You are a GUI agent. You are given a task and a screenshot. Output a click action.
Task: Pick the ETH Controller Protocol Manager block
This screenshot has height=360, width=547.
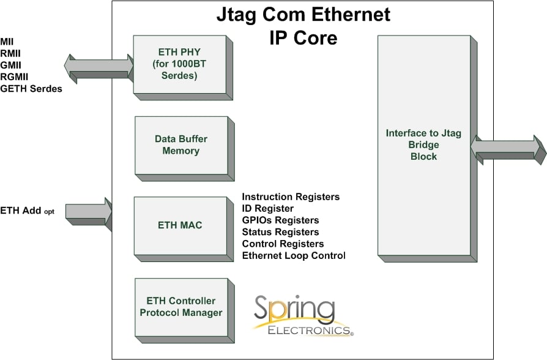coord(180,307)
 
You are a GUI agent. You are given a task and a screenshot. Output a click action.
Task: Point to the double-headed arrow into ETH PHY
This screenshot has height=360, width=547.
coord(99,68)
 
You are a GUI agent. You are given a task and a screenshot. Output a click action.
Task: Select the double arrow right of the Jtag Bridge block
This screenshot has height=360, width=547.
coord(508,149)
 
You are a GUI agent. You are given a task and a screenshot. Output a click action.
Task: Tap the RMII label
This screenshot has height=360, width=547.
coord(11,53)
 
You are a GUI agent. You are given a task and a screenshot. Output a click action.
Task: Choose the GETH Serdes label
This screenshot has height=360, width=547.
coord(31,88)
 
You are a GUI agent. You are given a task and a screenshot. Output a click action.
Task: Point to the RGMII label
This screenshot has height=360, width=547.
coord(15,77)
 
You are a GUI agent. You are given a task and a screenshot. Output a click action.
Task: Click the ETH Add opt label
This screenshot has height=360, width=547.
coord(28,211)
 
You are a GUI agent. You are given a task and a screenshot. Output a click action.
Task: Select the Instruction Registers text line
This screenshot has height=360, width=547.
coord(291,197)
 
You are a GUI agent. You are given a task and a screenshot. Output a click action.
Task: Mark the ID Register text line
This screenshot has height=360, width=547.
coord(267,209)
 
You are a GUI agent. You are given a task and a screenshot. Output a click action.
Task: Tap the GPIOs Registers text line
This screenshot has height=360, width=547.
coord(280,220)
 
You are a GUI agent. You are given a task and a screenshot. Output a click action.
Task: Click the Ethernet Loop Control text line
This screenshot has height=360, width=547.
coord(294,255)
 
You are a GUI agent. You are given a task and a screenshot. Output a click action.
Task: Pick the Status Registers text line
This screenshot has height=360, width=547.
coord(280,232)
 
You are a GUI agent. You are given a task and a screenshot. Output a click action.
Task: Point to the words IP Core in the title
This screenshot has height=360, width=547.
coord(303,38)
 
